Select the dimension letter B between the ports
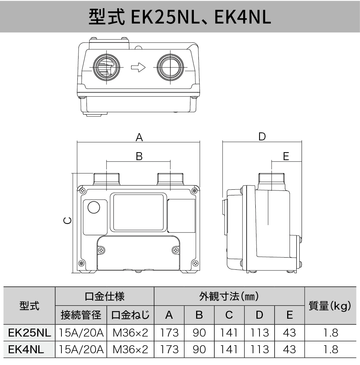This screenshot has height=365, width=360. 139,156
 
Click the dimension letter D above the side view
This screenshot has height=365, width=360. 262,137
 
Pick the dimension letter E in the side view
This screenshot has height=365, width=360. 286,156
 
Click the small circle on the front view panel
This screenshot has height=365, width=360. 93,207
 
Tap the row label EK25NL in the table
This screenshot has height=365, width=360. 29,333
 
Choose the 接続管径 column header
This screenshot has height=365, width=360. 81,315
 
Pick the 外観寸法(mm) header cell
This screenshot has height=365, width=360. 229,296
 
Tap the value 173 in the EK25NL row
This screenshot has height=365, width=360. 169,333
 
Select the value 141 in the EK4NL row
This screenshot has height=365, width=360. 229,349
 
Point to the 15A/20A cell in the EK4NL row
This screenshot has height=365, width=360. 81,349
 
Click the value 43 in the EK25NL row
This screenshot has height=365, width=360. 289,333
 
